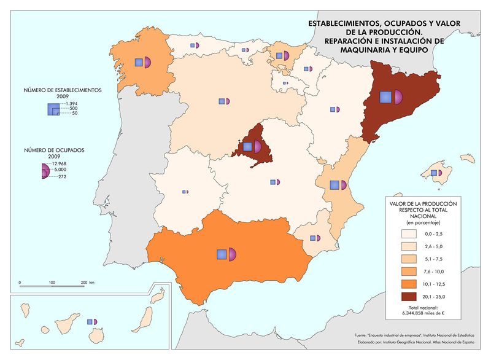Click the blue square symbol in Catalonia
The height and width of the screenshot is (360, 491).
click(x=385, y=97)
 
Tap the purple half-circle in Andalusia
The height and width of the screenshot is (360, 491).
click(x=233, y=254)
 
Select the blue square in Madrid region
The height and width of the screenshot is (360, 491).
click(x=247, y=146)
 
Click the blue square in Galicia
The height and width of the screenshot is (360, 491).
click(x=139, y=62)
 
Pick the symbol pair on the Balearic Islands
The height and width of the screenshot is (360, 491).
click(x=437, y=173)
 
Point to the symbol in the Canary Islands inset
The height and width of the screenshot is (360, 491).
click(x=92, y=321)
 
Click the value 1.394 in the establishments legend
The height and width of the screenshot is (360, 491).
click(x=72, y=104)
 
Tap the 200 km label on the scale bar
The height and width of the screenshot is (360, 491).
click(x=87, y=283)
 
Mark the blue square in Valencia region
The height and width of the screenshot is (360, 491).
click(x=334, y=185)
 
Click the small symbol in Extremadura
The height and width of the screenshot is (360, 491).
click(x=185, y=192)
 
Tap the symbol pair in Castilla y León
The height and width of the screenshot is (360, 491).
click(x=223, y=101)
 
